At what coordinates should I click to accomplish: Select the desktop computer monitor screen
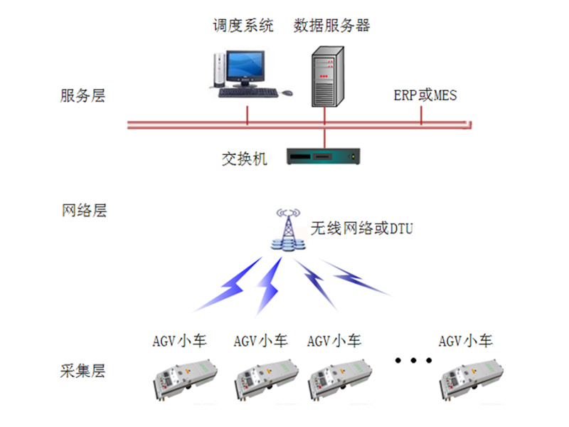(x=247, y=66)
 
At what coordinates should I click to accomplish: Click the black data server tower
(x=327, y=74)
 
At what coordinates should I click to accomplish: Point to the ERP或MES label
(x=425, y=95)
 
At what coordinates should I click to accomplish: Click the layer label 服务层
(x=83, y=96)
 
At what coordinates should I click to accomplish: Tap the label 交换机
(x=244, y=158)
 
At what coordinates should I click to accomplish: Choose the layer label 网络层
(x=83, y=211)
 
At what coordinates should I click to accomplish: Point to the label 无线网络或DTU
(x=361, y=229)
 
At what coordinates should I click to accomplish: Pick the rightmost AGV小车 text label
(x=466, y=341)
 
